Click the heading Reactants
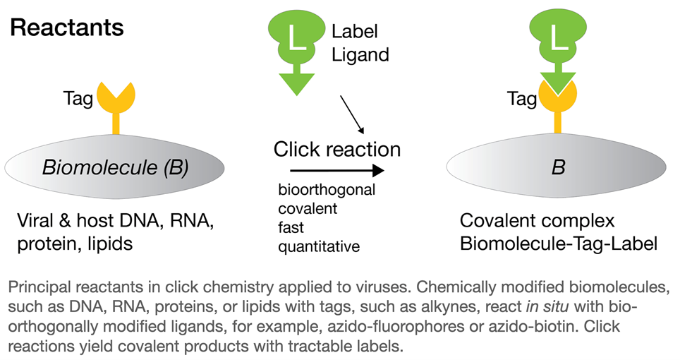point(67,28)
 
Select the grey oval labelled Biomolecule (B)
point(115,167)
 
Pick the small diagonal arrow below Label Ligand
point(353,115)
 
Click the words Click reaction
point(337,150)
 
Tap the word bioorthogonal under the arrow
point(327,191)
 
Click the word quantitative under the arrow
point(319,246)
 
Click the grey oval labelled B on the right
point(557,169)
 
